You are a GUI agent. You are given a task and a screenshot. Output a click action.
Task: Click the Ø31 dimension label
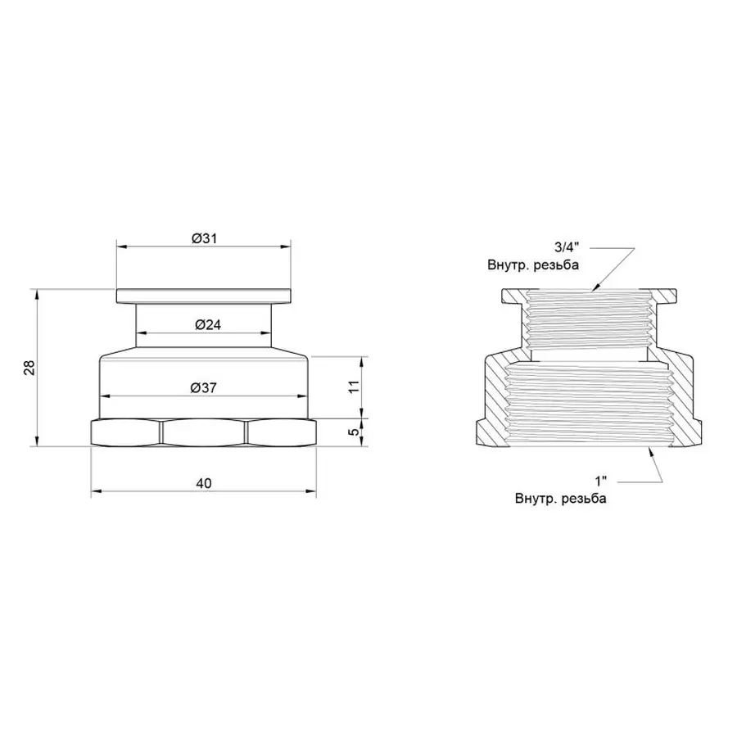click(x=204, y=237)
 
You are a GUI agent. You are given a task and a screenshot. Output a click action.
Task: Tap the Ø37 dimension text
click(x=205, y=388)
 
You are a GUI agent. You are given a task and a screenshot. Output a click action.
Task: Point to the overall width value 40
click(x=204, y=483)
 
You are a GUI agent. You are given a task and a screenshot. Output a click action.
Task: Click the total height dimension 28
click(x=29, y=368)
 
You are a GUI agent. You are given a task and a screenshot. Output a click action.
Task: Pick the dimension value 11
click(x=354, y=387)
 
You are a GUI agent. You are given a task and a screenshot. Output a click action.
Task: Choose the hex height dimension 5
click(x=354, y=432)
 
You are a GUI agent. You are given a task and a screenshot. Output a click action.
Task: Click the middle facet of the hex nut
click(x=204, y=432)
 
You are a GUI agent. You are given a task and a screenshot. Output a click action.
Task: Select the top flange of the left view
click(x=204, y=296)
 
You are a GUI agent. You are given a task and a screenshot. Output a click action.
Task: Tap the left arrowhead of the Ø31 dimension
click(x=120, y=245)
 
